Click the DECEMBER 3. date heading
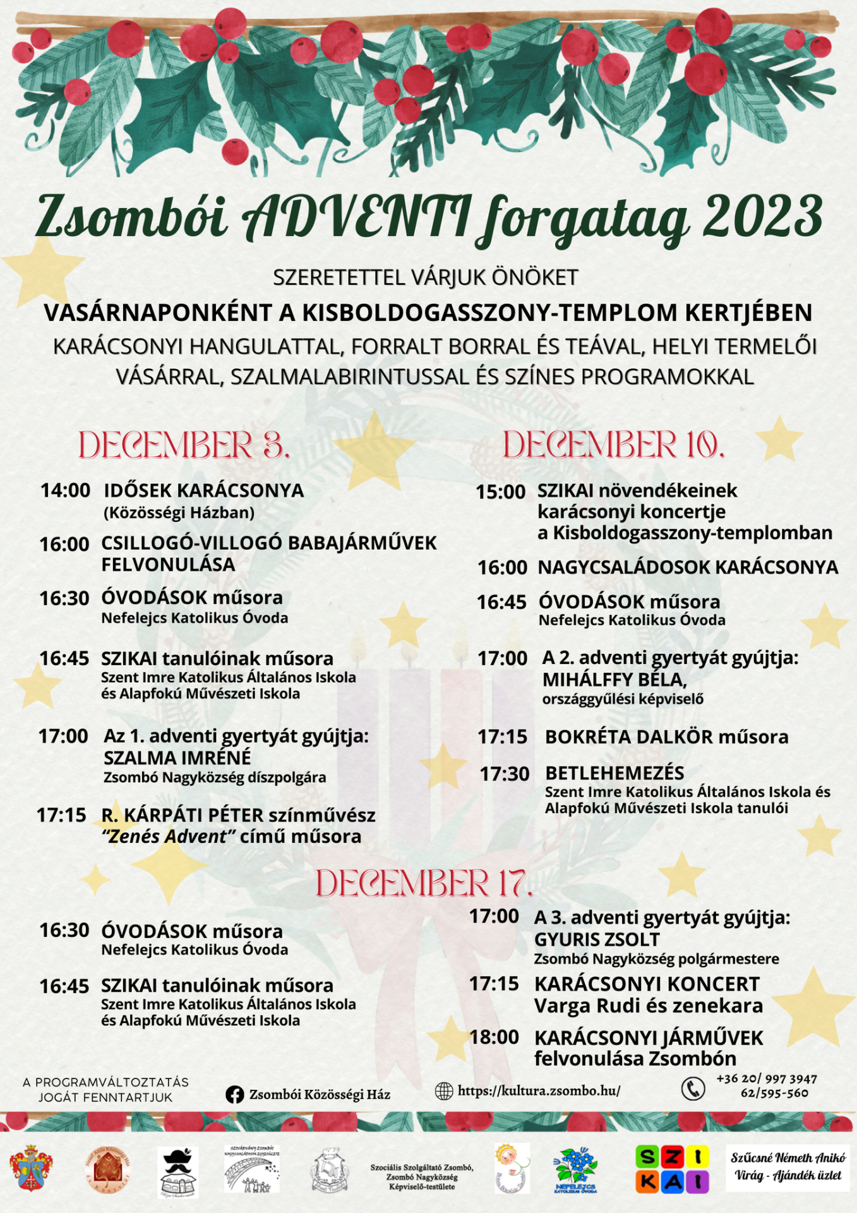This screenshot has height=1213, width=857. [x=184, y=445]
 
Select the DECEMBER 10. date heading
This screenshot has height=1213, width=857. [x=613, y=445]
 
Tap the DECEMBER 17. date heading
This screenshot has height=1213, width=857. [x=424, y=883]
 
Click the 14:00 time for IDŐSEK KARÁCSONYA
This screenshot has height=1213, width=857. [x=66, y=490]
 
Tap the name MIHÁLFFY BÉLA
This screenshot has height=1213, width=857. [x=614, y=680]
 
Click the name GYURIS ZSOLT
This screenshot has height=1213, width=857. [x=597, y=939]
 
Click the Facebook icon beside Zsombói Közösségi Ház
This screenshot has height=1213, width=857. [x=235, y=1094]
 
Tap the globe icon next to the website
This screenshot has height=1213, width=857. [x=444, y=1091]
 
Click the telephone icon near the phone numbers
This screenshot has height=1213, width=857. [x=693, y=1089]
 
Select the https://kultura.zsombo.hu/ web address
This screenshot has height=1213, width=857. [x=539, y=1091]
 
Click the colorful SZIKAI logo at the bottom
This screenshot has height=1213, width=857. [x=671, y=1169]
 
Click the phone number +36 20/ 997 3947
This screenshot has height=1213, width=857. [x=766, y=1079]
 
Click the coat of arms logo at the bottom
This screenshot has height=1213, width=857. [x=31, y=1168]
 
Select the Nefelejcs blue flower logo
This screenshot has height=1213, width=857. [x=575, y=1169]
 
